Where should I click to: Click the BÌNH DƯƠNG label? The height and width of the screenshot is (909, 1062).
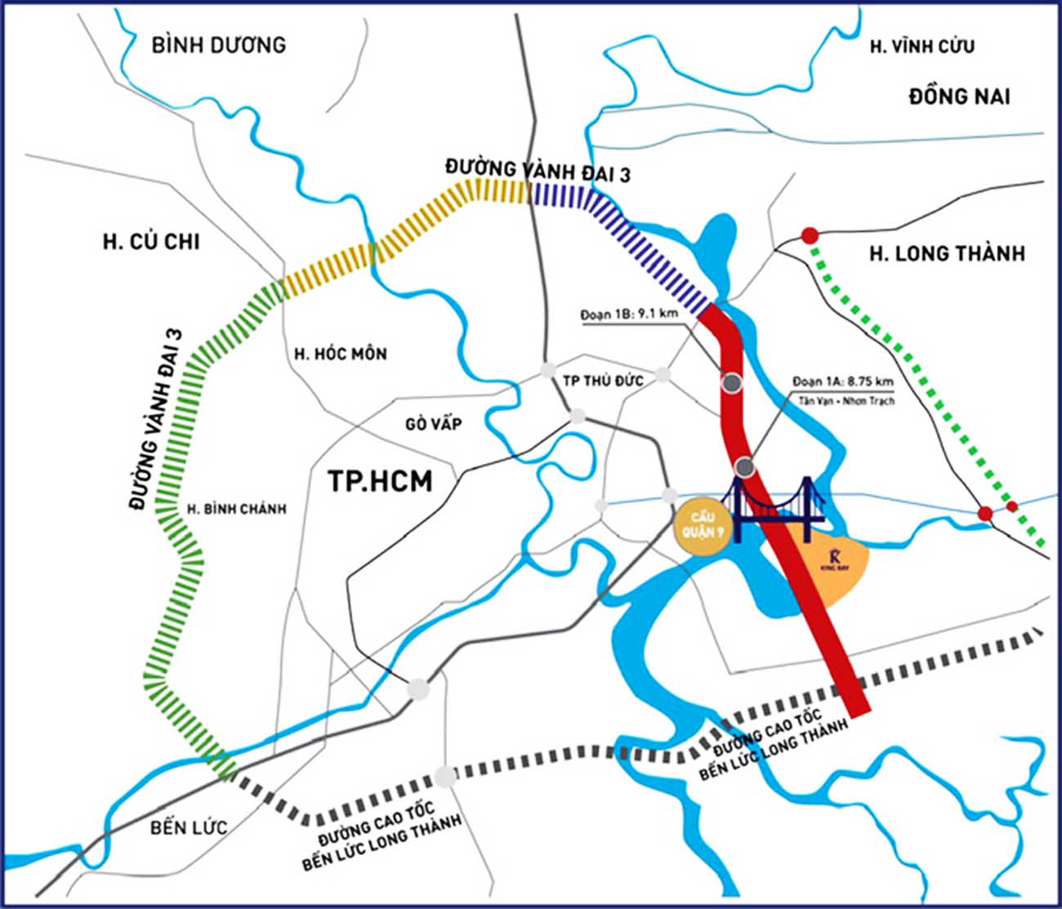(219, 44)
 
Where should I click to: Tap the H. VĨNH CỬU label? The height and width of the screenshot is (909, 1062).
(921, 47)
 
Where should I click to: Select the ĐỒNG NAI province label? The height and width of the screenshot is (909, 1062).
(959, 96)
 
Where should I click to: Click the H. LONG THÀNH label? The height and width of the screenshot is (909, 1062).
(946, 254)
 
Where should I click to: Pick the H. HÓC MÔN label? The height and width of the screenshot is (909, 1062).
(341, 354)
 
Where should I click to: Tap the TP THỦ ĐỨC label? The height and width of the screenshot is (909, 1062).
(604, 381)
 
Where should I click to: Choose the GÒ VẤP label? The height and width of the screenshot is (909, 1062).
(434, 423)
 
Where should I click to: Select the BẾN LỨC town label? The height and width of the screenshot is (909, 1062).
(189, 827)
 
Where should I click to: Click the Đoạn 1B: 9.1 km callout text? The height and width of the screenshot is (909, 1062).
(629, 314)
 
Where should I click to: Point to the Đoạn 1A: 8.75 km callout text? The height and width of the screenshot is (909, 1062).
(842, 381)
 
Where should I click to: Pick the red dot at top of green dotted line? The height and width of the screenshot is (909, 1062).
(809, 236)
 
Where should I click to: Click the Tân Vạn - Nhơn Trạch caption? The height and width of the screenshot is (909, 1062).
(846, 401)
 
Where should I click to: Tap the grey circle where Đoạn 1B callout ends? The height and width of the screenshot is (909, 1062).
(732, 382)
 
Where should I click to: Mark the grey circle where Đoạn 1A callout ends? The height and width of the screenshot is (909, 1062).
(744, 467)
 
